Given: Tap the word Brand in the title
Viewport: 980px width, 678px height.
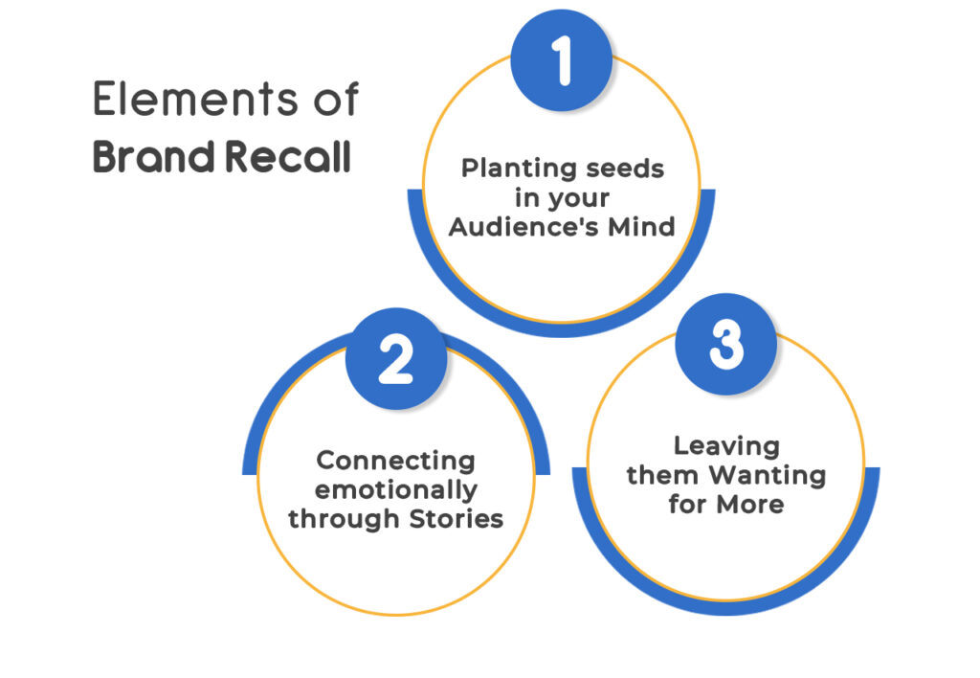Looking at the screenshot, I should click(x=152, y=156).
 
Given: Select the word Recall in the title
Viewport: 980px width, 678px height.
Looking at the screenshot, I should click(x=287, y=156).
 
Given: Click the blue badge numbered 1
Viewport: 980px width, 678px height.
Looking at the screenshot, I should click(x=562, y=60).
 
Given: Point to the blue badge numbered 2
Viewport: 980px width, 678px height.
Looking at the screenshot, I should click(x=396, y=360).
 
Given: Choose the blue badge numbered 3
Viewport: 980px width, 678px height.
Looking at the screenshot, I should click(x=726, y=346).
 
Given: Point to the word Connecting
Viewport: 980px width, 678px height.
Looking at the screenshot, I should click(x=395, y=461).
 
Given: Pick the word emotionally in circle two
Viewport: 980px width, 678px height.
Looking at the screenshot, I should click(x=396, y=490).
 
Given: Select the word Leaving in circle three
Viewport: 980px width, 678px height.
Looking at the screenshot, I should click(x=726, y=445).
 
